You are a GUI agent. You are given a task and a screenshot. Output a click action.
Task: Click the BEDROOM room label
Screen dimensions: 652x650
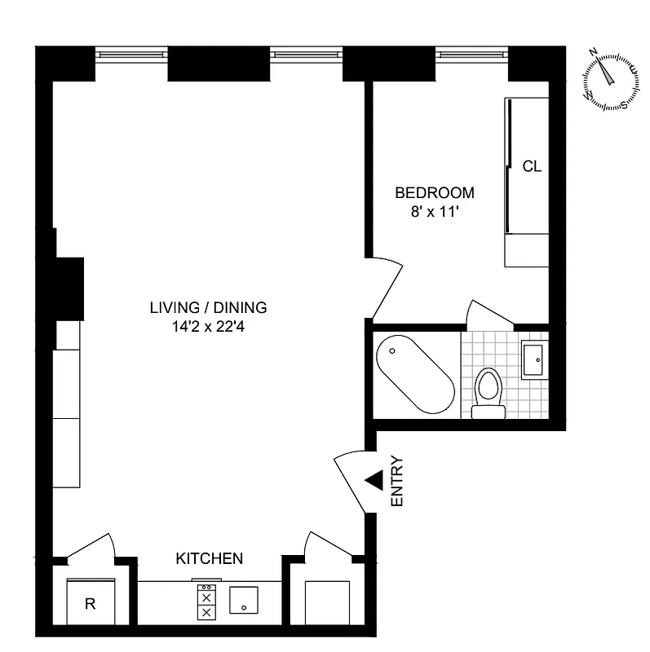pyautogui.click(x=434, y=193)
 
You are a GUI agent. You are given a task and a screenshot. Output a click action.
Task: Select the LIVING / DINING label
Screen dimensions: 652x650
pyautogui.click(x=208, y=308)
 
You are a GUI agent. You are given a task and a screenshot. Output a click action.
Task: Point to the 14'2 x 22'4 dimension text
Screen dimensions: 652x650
pyautogui.click(x=208, y=326)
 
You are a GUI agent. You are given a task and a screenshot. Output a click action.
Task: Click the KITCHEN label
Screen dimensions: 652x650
pyautogui.click(x=210, y=558)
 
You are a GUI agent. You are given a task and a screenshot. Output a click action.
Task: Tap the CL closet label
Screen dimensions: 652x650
pyautogui.click(x=532, y=166)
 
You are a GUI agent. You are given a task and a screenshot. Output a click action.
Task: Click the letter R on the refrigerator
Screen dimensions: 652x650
pyautogui.click(x=91, y=604)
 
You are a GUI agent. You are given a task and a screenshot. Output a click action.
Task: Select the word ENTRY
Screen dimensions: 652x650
pyautogui.click(x=397, y=482)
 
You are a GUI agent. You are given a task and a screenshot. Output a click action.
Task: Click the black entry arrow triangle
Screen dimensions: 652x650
pyautogui.click(x=374, y=481)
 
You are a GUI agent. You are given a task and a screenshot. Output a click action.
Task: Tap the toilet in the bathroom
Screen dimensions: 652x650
pyautogui.click(x=488, y=392)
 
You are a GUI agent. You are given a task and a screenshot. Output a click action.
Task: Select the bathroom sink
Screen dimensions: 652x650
pyautogui.click(x=536, y=359)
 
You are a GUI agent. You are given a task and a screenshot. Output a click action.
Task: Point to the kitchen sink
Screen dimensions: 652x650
pyautogui.click(x=244, y=601)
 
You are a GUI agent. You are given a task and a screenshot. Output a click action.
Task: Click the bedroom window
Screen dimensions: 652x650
pyautogui.click(x=471, y=55)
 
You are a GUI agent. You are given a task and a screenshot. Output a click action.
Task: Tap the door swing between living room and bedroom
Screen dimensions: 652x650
pyautogui.click(x=385, y=285)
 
